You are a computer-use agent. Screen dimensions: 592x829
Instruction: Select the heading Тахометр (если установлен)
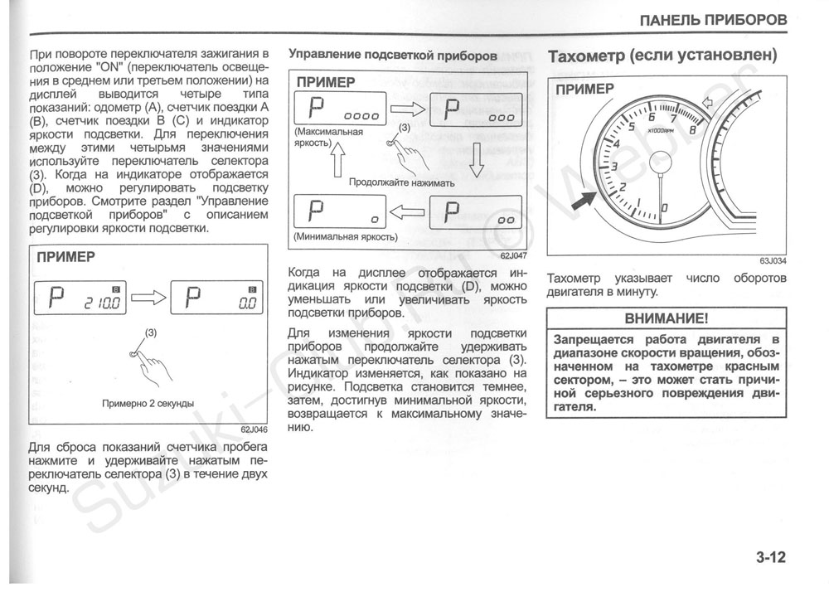tap(662, 56)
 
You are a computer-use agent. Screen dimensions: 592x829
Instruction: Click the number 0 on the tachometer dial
tap(665, 206)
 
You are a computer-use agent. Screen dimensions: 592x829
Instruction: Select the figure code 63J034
tap(772, 260)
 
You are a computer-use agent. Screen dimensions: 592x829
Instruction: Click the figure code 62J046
tap(254, 429)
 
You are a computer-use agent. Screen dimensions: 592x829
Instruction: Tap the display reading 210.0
tap(104, 303)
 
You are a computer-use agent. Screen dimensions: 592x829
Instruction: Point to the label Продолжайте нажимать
tap(402, 182)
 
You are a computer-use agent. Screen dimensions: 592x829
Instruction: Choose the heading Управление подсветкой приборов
tap(393, 56)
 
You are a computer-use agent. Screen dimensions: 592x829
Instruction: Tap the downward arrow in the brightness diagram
tap(476, 160)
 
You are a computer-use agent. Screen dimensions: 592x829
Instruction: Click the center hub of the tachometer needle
tap(661, 163)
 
